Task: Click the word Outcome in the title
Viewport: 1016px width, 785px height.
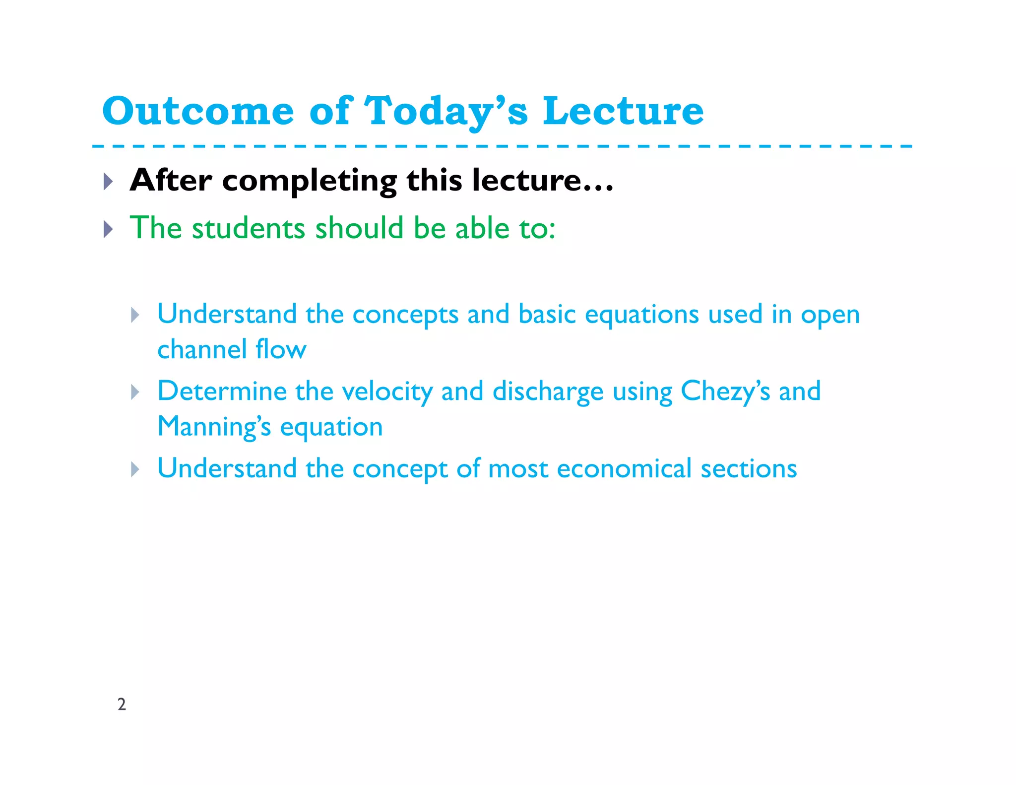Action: point(198,111)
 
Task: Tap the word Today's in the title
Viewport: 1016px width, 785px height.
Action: point(445,111)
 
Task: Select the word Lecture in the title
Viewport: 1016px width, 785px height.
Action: point(623,111)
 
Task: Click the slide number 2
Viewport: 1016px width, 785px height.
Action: point(122,704)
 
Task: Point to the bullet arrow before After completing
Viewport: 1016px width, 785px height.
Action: point(108,181)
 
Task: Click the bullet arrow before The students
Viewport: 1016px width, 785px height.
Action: point(108,229)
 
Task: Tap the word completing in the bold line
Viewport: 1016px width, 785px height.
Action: point(309,181)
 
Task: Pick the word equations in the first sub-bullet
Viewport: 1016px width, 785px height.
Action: point(641,315)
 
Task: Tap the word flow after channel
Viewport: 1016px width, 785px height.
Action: point(281,349)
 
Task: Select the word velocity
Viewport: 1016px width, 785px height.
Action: point(387,392)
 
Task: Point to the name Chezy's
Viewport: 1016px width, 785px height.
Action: point(725,391)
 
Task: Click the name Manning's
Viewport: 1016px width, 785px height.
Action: point(214,427)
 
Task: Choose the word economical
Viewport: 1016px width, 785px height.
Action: point(624,468)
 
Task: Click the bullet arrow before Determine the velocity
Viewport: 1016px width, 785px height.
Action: point(135,392)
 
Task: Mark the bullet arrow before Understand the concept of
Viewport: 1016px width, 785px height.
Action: point(135,469)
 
